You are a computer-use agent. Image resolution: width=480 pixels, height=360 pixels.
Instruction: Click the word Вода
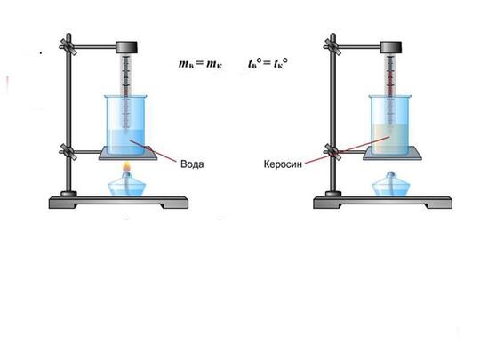coord(192,164)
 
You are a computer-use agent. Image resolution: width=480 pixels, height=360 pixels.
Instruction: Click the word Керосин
coord(283,164)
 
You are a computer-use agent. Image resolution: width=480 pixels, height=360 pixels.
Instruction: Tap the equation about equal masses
coord(201,64)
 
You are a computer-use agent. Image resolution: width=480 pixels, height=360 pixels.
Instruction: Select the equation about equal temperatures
coord(268,63)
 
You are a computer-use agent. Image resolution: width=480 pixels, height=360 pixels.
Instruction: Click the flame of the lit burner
coord(126,167)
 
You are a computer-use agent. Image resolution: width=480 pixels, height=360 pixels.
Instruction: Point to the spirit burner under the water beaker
coord(127,184)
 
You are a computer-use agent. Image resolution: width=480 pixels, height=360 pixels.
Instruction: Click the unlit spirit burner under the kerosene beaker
coord(391,184)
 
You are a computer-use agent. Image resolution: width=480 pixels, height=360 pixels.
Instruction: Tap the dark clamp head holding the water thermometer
coord(126,48)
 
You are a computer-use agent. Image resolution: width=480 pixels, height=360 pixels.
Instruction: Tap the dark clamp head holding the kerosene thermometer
coord(391,48)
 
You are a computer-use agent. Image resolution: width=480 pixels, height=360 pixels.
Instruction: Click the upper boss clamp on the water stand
coord(68,47)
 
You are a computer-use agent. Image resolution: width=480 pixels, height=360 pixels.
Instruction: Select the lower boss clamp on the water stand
coord(68,151)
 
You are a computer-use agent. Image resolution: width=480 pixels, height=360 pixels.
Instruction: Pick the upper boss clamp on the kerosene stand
coord(332,47)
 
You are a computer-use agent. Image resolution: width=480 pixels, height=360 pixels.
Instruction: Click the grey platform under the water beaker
coord(128,153)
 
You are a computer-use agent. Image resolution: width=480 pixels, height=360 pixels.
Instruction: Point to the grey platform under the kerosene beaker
coord(393,153)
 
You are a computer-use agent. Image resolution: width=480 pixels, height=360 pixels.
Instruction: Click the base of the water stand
coord(118,203)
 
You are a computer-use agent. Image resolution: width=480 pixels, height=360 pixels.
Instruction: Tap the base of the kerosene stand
coord(382,203)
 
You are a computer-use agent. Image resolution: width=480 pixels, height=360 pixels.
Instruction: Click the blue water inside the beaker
coord(126,141)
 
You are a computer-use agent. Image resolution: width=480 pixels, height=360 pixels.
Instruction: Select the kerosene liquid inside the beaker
coord(390,140)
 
